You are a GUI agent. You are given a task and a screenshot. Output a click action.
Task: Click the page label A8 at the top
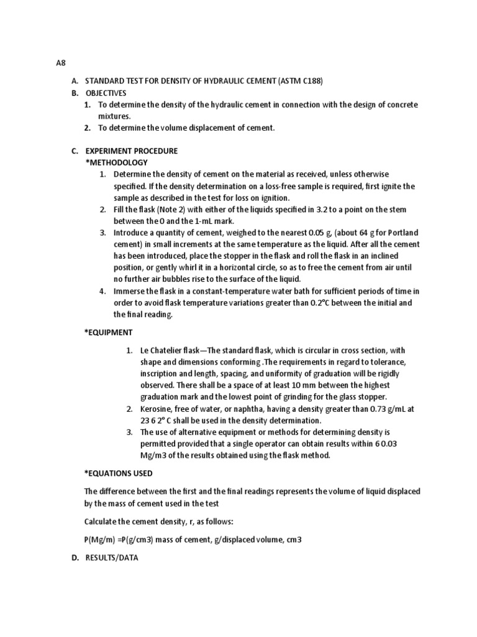[x=61, y=63]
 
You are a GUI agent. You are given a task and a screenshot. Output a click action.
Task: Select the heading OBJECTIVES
[x=106, y=93]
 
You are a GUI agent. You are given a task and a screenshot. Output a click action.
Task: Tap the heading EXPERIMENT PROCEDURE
[x=131, y=151]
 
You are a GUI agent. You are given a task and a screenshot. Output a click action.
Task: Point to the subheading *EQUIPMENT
[x=109, y=332]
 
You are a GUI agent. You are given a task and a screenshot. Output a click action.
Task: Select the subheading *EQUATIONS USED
[x=118, y=473]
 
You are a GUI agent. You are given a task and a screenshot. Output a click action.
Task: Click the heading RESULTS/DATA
[x=111, y=558]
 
